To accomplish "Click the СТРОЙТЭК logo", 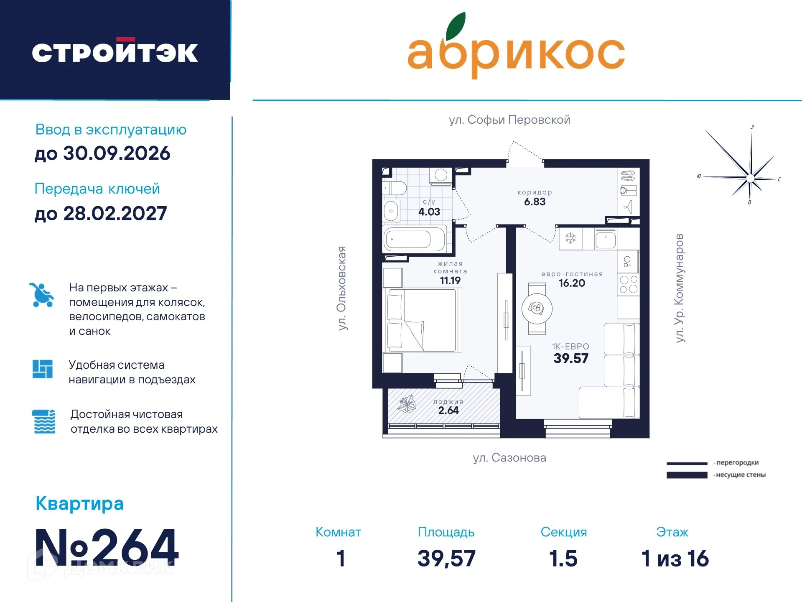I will pos(115,52).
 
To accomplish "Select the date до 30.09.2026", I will pos(102,153).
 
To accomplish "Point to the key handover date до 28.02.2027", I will pos(101,214).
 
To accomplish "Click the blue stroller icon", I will pos(41,295).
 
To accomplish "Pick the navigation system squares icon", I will pos(43,369).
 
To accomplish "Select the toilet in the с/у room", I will pos(395,188).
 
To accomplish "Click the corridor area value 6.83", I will pos(535,202).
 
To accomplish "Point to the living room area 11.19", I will pos(450,281).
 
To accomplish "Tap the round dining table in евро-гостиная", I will pos(537,309).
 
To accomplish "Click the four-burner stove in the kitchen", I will pos(628,284).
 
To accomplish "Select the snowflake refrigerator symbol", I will pos(570,239).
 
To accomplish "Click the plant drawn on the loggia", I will pos(406,404).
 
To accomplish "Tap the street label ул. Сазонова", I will pos(509,458).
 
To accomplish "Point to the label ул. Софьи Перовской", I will pos(509,120).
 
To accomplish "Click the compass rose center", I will pos(750,179).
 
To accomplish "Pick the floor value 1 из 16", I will pos(675,559).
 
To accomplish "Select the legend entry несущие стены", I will pos(740,475).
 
